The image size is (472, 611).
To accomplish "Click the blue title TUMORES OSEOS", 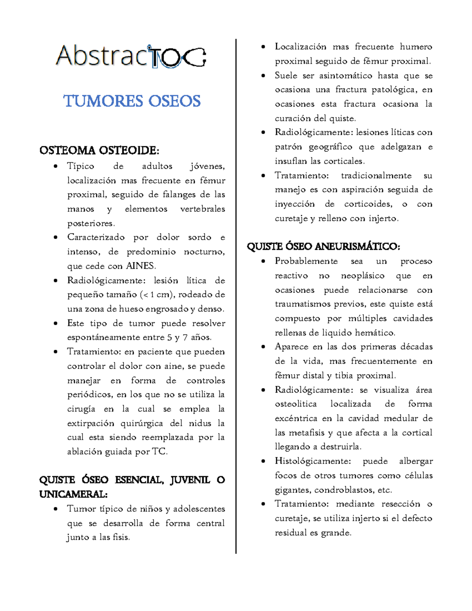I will click(x=132, y=101).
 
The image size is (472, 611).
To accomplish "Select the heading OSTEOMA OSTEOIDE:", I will click(x=99, y=151).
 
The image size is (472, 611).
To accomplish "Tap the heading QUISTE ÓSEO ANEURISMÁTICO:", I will click(x=323, y=247).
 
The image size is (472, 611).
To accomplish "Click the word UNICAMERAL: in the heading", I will click(x=73, y=494).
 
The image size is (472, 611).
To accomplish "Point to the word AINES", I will click(x=141, y=266).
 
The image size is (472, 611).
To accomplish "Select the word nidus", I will click(x=200, y=423).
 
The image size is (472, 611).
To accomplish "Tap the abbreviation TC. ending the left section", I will click(x=160, y=452).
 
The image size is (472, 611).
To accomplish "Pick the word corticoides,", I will click(x=368, y=204).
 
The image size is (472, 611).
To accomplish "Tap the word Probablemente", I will click(x=306, y=261).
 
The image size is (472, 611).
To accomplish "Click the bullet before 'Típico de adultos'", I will click(x=56, y=166).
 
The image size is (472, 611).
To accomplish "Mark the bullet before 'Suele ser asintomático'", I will click(x=263, y=76).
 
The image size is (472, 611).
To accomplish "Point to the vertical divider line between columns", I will click(x=236, y=295).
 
